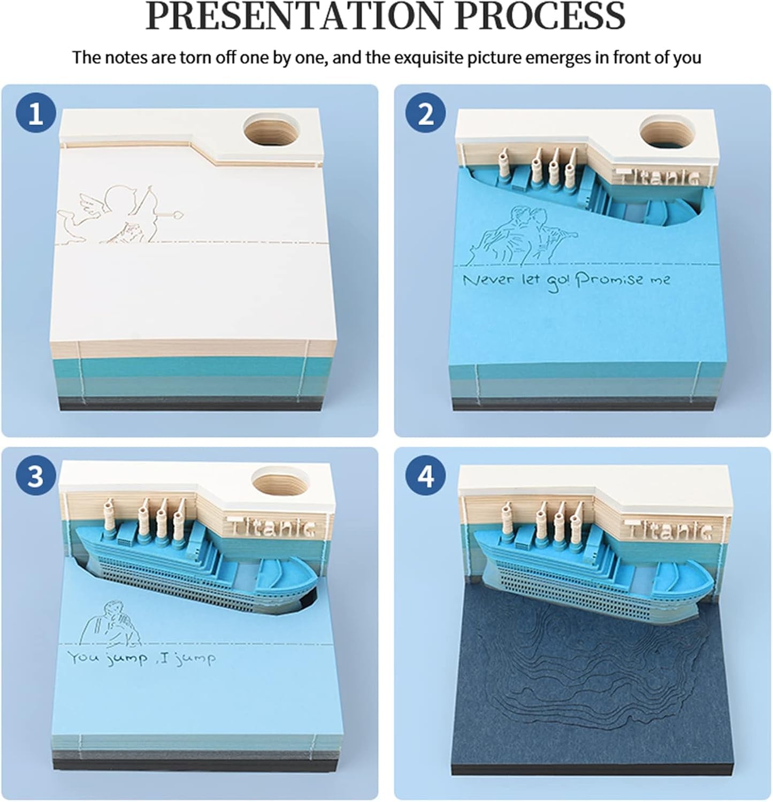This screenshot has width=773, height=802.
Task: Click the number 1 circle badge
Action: (35, 113)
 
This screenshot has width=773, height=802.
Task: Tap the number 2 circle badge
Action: (426, 113)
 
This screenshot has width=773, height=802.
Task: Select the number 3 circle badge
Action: (35, 476)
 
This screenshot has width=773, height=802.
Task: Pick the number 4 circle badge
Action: (426, 476)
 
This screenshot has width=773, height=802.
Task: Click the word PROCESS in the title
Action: (541, 16)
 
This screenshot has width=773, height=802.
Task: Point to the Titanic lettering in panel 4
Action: (669, 530)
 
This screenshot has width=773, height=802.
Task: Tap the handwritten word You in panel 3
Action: (83, 656)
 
